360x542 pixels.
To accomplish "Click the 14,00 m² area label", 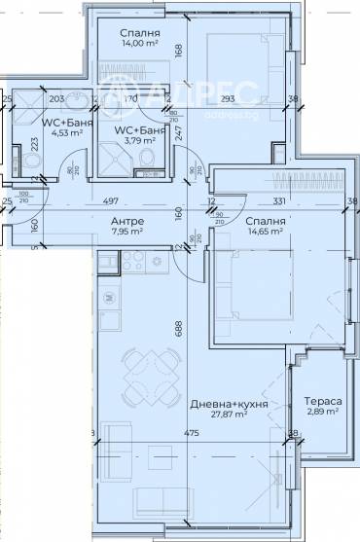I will click(141, 43).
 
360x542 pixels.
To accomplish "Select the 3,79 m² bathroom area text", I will click(133, 150).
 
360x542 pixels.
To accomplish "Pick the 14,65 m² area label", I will click(264, 233).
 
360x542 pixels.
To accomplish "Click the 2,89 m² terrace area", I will click(322, 413).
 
